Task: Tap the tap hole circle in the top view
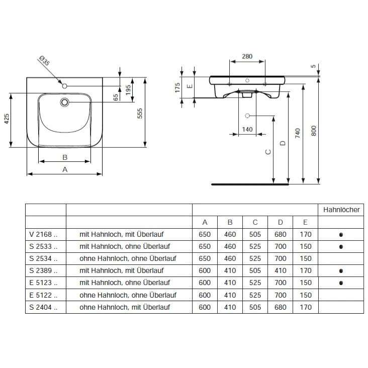pos(64,86)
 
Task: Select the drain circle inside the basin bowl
pos(64,103)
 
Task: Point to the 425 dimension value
pos(7,120)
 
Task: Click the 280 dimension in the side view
pos(247,56)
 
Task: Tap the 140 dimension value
pos(247,129)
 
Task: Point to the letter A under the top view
pos(64,169)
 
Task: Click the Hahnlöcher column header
pos(341,210)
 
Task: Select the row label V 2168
pos(44,234)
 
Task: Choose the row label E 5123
pos(44,283)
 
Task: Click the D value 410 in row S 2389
pos(280,270)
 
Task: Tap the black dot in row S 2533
pos(341,247)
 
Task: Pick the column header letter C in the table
pos(255,222)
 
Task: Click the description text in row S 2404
pos(124,307)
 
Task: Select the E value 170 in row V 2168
pos(305,234)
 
